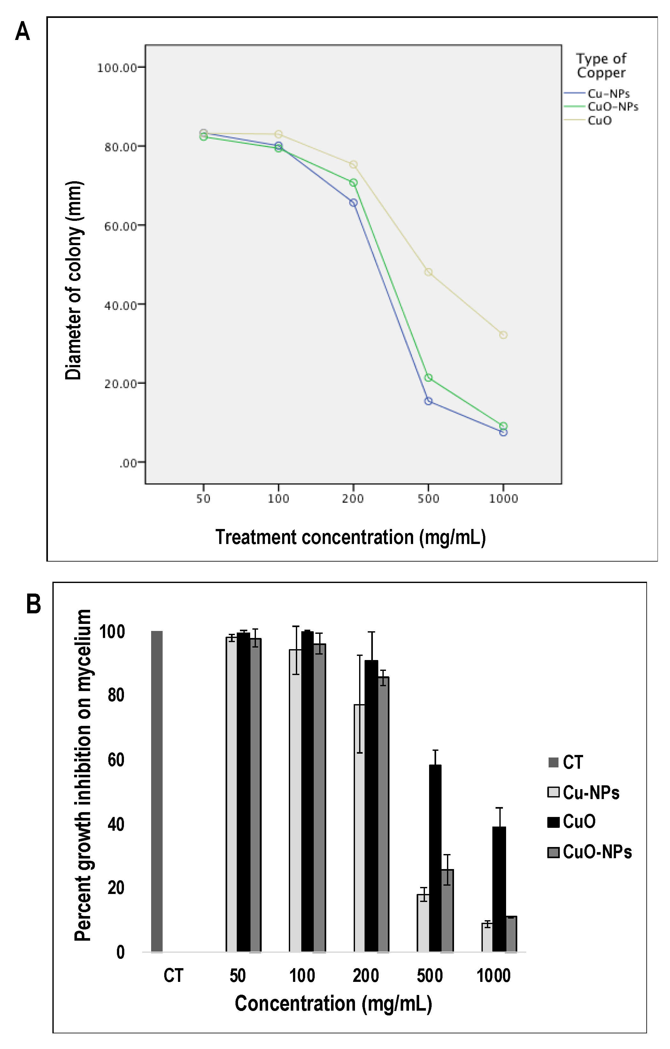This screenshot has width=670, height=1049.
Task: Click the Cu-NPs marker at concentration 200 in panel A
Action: pos(353,203)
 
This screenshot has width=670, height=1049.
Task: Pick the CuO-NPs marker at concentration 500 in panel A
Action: pos(428,378)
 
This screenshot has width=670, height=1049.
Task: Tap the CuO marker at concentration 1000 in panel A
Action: pos(503,335)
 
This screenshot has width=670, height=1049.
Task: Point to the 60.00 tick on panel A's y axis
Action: pos(120,226)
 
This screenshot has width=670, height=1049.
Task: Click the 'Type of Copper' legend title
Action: pos(601,65)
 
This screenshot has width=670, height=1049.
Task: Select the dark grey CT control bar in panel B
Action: pos(157,793)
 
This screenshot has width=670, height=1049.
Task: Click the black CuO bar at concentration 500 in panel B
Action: pos(435,860)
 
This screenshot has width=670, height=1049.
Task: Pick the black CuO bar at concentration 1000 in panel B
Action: pos(499,891)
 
